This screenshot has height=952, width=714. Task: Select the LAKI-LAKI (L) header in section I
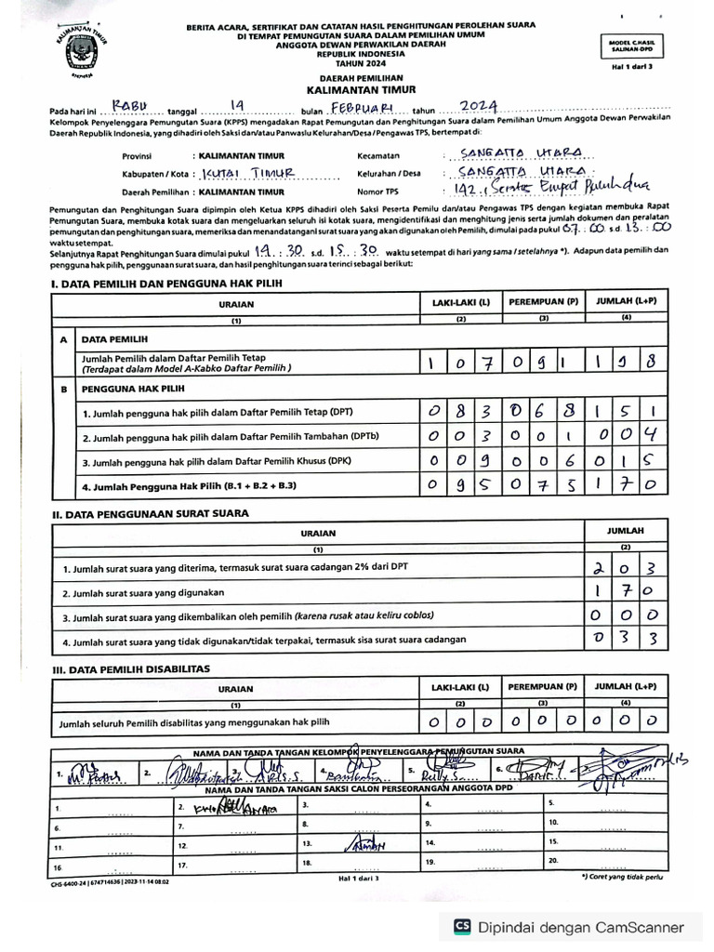pyautogui.click(x=460, y=304)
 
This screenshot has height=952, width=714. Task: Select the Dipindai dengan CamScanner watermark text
pyautogui.click(x=581, y=927)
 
